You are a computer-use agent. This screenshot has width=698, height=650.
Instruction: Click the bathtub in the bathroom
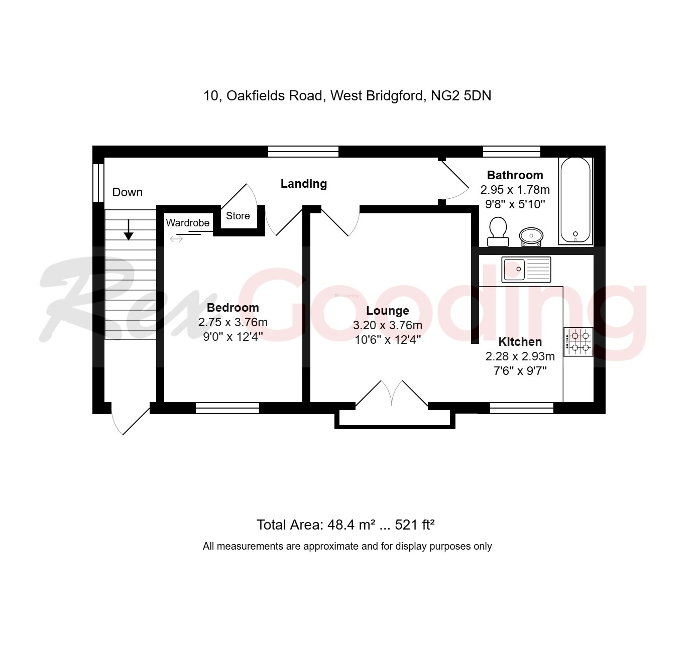point(575,201)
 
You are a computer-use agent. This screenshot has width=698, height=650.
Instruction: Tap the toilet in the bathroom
point(498,231)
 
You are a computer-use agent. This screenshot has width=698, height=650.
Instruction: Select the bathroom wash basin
point(531,235)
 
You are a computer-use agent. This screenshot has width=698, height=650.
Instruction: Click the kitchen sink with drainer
point(526,270)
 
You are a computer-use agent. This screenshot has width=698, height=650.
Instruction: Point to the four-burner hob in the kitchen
point(578,341)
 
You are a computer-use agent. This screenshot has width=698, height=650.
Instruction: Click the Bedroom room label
point(233,308)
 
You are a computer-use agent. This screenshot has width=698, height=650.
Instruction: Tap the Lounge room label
point(387,311)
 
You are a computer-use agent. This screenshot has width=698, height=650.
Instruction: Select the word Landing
point(303,184)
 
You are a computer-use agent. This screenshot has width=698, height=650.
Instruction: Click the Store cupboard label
point(238,216)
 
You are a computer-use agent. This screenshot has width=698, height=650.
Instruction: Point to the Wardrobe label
point(188,223)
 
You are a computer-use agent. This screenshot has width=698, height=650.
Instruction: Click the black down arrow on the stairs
point(129,230)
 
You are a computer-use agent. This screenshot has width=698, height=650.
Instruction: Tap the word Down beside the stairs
point(127,192)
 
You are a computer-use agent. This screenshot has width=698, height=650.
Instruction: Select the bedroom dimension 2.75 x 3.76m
point(233,322)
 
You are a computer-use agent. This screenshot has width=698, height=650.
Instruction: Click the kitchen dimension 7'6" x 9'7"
point(520,371)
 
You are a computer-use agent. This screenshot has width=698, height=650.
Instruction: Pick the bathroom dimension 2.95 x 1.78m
point(515,190)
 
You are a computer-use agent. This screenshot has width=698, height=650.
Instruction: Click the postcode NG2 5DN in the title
point(461,95)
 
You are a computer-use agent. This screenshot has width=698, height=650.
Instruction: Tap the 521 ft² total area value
point(414,525)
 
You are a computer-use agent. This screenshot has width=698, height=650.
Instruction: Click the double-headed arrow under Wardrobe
point(176,239)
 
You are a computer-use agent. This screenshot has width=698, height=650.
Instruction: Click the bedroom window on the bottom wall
point(227,408)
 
